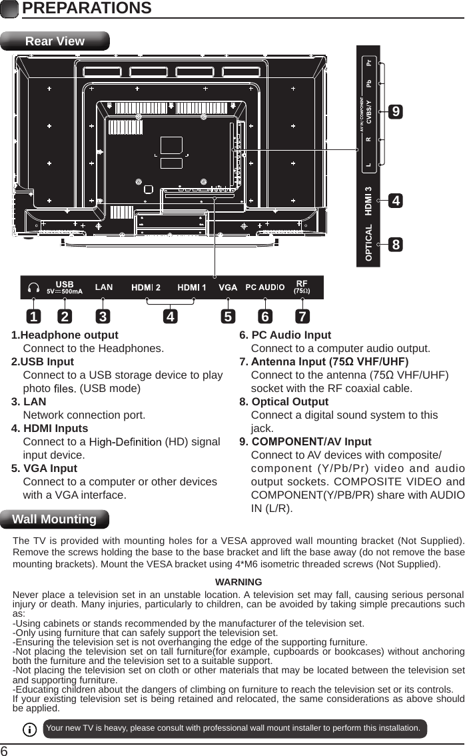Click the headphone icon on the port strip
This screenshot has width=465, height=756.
tap(34, 288)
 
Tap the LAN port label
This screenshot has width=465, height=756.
tap(104, 287)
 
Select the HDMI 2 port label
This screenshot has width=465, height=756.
tap(146, 287)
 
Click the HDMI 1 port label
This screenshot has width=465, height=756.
tap(192, 287)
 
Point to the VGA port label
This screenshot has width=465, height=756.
tap(229, 287)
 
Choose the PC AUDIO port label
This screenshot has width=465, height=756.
tap(265, 287)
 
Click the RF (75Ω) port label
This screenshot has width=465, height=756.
tap(302, 287)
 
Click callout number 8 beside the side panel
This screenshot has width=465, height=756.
tap(396, 245)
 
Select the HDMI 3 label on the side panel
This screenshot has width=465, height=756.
tap(368, 201)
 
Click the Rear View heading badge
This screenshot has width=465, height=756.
tap(55, 41)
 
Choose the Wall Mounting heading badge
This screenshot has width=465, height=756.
tap(55, 519)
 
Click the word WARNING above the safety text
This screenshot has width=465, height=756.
tap(238, 582)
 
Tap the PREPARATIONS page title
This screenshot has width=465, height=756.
tap(87, 9)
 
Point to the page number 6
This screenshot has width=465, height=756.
tap(5, 749)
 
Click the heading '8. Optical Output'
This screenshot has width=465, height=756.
tap(284, 401)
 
